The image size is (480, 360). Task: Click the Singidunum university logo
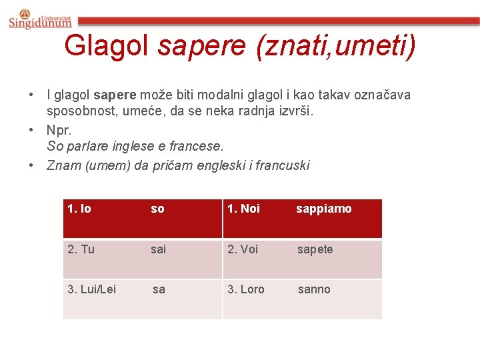pyautogui.click(x=40, y=19)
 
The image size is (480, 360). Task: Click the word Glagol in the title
pyautogui.click(x=108, y=46)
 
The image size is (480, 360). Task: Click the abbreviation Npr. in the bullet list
pyautogui.click(x=59, y=130)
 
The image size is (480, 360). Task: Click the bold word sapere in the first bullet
pyautogui.click(x=115, y=95)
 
